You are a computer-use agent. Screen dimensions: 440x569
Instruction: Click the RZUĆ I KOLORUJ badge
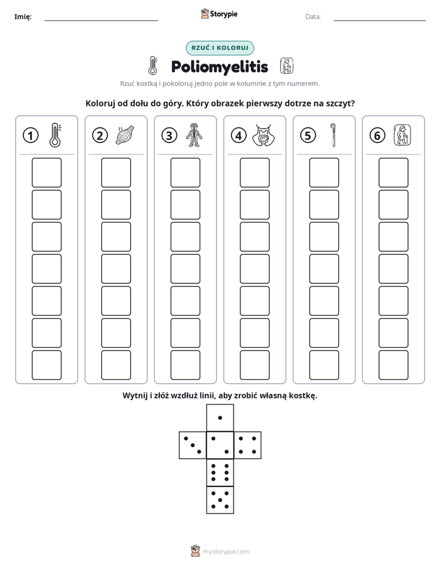[x=219, y=48]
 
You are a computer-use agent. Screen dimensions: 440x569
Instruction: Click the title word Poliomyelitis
[x=219, y=67]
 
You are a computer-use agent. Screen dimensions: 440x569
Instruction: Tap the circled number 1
[x=30, y=135]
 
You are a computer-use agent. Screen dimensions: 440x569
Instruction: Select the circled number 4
[x=238, y=135]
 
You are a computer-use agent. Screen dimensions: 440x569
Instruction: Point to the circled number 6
[x=377, y=135]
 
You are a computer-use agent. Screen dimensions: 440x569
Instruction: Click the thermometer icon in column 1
[x=55, y=135]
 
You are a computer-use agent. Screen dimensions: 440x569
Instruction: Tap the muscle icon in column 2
[x=124, y=135]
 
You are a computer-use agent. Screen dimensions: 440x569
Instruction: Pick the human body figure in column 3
[x=194, y=135]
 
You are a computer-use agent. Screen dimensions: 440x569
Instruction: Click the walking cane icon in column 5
[x=333, y=135]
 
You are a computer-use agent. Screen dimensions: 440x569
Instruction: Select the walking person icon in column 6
[x=402, y=135]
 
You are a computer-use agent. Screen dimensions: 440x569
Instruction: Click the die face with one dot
[x=220, y=418]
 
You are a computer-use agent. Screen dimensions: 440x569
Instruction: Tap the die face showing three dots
[x=193, y=445]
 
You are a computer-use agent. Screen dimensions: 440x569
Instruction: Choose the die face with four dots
[x=248, y=445]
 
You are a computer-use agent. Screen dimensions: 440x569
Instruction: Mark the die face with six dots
[x=220, y=472]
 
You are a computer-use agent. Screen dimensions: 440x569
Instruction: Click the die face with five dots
[x=220, y=500]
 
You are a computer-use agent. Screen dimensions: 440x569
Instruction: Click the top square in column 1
[x=46, y=172]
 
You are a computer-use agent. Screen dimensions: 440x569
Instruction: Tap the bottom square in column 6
[x=394, y=365]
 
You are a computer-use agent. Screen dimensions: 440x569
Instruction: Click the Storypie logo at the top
[x=219, y=14]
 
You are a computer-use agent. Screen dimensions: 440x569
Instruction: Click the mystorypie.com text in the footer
[x=226, y=552]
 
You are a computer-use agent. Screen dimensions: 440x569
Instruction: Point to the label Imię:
[x=23, y=17]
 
